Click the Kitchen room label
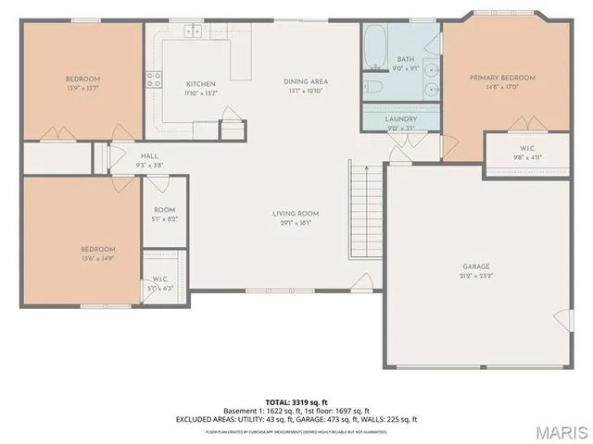[200, 88]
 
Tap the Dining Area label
[306, 86]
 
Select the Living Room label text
[296, 218]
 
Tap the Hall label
[149, 160]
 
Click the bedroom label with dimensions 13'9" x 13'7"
[82, 83]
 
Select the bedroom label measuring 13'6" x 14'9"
[97, 253]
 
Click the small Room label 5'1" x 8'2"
[164, 215]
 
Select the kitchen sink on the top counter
[195, 31]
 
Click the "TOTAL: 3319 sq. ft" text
[296, 401]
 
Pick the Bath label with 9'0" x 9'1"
[407, 62]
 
